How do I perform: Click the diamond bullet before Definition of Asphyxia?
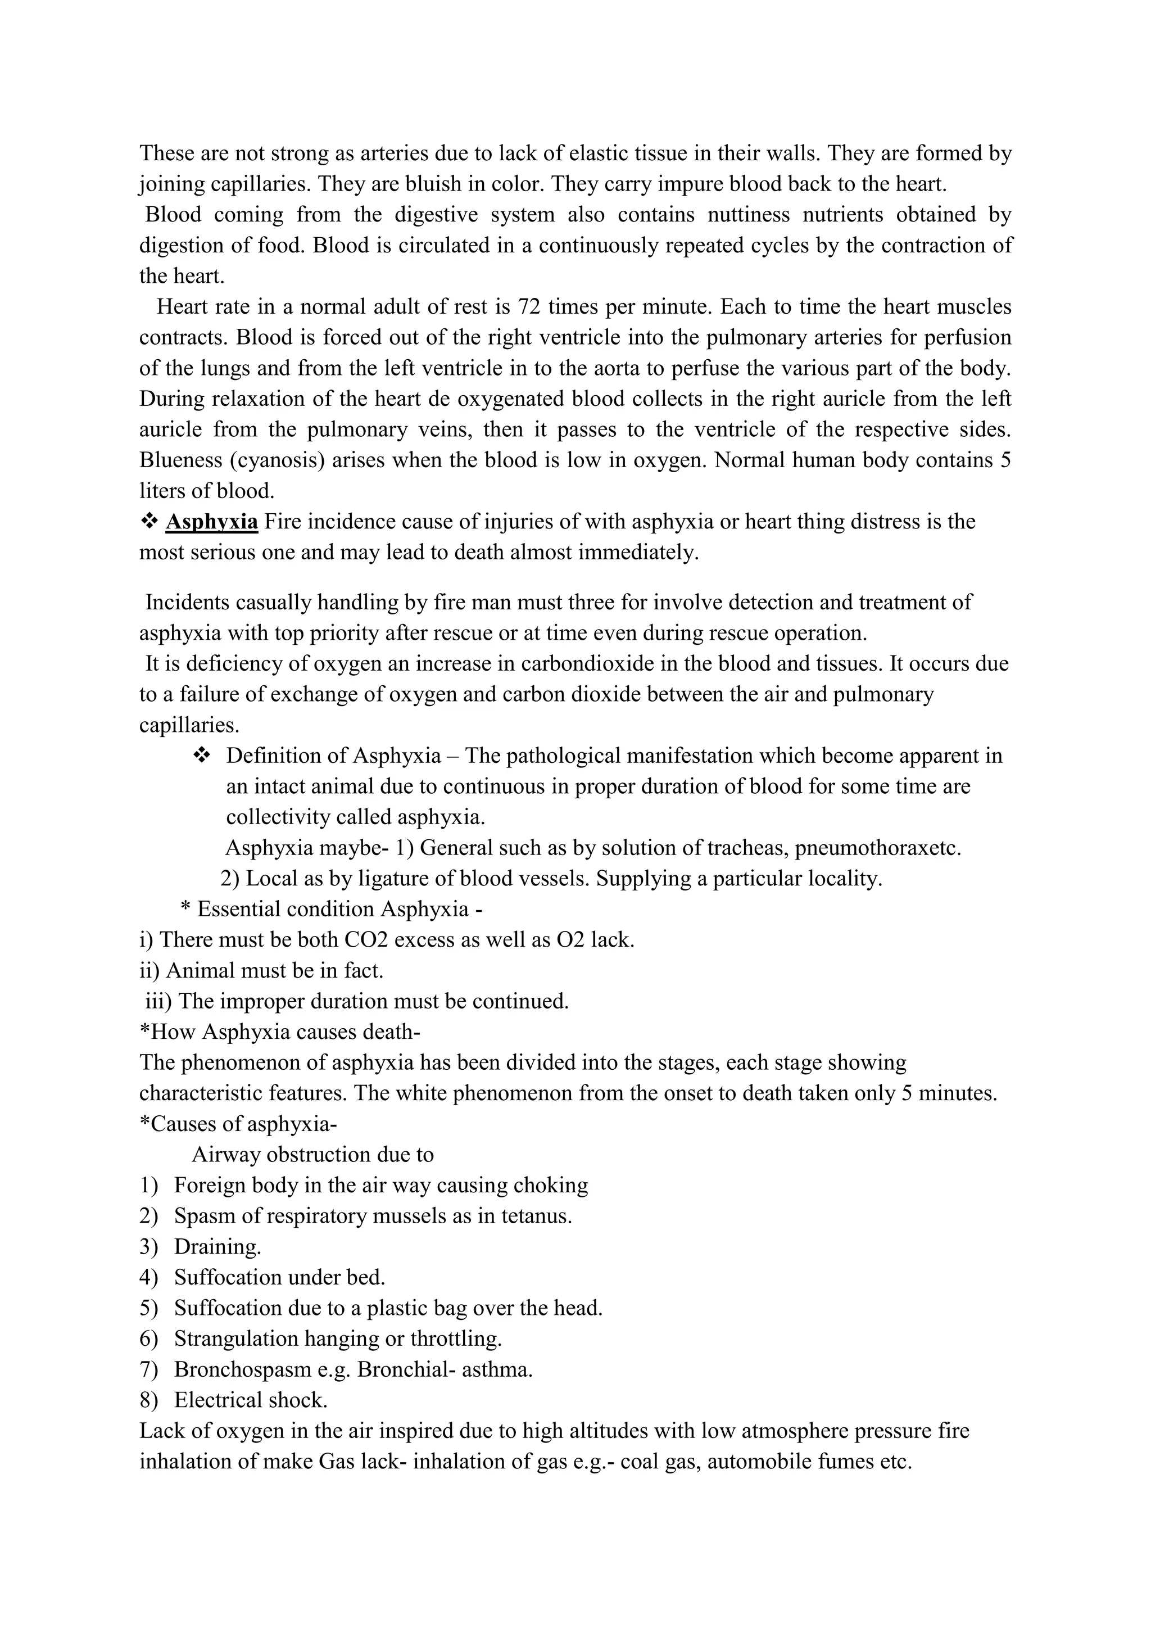[201, 756]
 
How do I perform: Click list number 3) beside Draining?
[148, 1246]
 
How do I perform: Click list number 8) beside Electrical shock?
[148, 1400]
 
